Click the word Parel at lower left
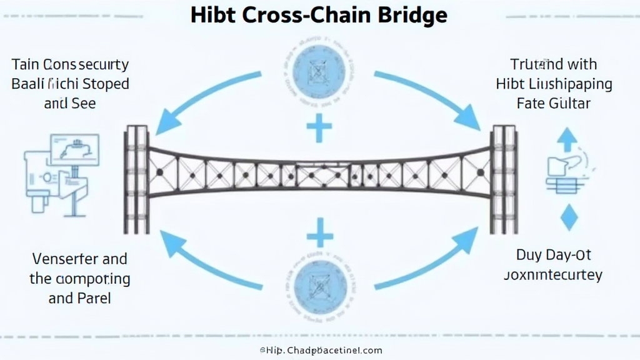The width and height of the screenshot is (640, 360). coord(93,297)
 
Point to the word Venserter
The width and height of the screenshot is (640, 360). coord(57,259)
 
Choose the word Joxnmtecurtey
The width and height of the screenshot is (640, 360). coord(554,275)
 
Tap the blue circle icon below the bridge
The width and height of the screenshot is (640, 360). coord(319,285)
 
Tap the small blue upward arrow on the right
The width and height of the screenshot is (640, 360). coord(567,139)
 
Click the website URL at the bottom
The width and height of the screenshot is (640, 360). coord(321,351)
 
